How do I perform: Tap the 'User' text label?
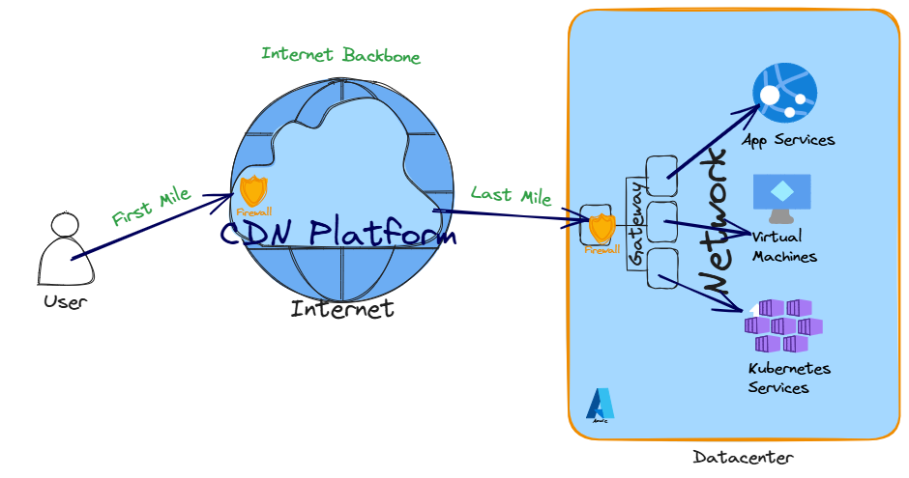click(65, 302)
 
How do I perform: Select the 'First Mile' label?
click(151, 207)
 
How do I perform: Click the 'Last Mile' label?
click(511, 195)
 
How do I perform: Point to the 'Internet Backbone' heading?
click(340, 55)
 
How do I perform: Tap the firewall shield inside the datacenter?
click(601, 228)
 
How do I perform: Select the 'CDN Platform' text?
click(337, 234)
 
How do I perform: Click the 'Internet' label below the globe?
click(342, 309)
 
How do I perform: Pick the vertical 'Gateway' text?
click(636, 223)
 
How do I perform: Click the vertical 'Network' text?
click(713, 221)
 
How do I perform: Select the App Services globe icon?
click(784, 93)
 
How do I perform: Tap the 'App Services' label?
click(788, 140)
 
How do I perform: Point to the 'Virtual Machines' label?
click(784, 246)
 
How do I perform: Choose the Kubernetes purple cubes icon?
click(782, 325)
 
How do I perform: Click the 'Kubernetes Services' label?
click(789, 379)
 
